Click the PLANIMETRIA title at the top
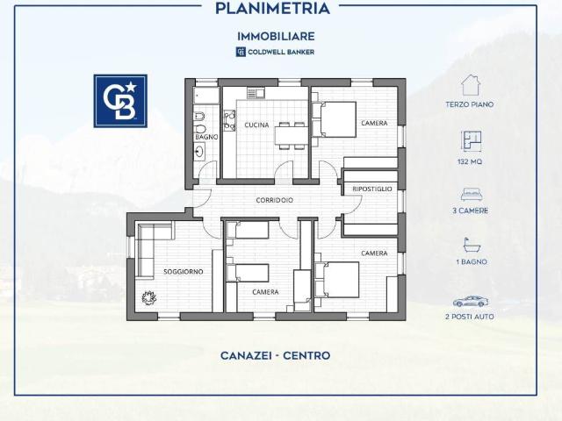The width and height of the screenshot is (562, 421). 272,9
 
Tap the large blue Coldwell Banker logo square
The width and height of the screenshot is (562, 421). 120,101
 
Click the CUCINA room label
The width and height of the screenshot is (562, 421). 256,125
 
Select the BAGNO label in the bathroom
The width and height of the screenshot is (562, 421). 206,137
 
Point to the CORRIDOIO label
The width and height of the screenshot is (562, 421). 275,200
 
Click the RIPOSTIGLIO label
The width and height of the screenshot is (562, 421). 372,189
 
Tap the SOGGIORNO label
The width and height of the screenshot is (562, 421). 183,271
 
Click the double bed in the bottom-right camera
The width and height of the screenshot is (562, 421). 338,279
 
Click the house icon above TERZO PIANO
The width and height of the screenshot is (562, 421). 470,85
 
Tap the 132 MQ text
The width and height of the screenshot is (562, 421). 470,162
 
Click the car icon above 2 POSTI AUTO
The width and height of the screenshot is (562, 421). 470,301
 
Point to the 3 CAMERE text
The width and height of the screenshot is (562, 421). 470,210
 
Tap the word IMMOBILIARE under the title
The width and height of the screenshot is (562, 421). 275,36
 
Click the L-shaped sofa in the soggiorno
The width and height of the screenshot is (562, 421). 145,250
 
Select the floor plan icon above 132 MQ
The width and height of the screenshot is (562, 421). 470,141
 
